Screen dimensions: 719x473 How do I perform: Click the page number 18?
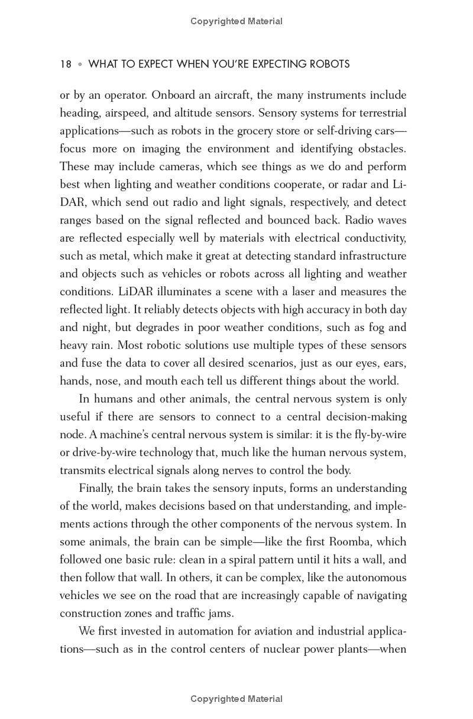(66, 64)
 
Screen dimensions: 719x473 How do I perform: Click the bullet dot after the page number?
(80, 64)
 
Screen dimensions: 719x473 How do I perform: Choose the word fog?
(365, 328)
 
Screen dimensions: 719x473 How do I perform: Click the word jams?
(221, 613)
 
